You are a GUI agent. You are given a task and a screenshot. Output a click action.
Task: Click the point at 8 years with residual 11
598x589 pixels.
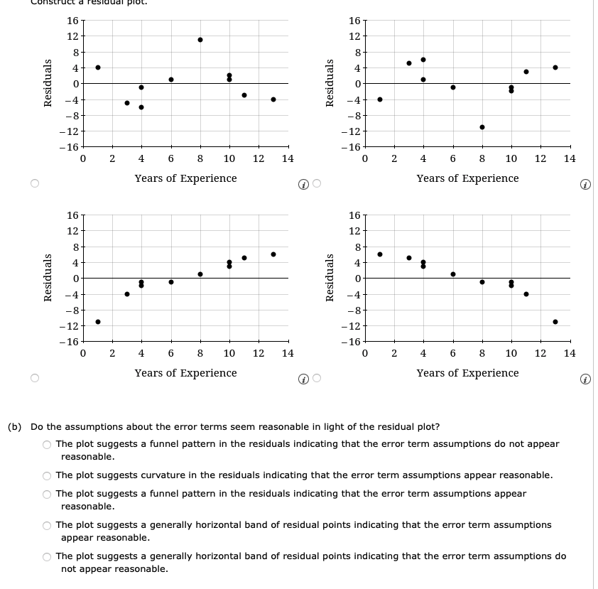coord(200,40)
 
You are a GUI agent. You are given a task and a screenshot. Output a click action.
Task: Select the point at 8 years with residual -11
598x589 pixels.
coord(482,127)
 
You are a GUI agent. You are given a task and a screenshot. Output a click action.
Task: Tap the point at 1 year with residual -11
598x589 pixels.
coord(98,322)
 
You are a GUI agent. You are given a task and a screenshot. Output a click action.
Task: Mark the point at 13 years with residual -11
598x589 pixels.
coord(555,322)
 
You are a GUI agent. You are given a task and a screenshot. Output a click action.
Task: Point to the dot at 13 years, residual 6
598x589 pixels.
coord(273,254)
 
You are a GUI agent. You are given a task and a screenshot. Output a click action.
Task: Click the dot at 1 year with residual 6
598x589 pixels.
coord(380,254)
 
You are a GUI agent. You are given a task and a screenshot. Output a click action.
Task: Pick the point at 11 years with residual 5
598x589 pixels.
coord(244,258)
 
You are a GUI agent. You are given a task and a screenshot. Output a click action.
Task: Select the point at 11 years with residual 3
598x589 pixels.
coord(526,72)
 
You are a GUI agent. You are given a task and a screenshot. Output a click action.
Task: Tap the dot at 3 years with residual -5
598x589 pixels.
coord(127,103)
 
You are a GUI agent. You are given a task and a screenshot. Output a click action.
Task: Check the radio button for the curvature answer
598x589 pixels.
coord(47,475)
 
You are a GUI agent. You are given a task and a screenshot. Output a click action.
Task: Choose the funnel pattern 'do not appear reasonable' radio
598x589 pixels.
coord(47,444)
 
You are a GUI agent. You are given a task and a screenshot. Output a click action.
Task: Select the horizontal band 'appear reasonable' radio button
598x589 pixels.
coord(47,525)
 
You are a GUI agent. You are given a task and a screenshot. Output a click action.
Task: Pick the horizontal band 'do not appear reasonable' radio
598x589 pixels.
coord(47,556)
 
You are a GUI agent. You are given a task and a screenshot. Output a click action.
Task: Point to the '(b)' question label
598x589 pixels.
coord(14,427)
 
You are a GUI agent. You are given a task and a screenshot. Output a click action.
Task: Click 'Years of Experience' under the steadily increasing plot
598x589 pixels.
coord(185,373)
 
